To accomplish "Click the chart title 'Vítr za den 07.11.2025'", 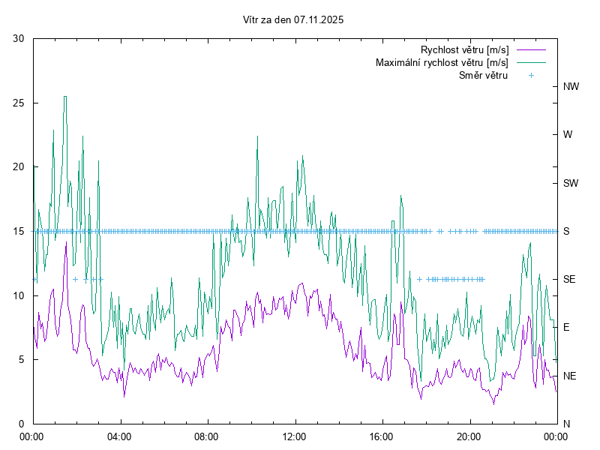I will (293, 20).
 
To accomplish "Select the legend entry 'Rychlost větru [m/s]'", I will (464, 50).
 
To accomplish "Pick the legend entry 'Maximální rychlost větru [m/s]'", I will (442, 63).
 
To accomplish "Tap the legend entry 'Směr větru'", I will (483, 76).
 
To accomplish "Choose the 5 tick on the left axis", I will (22, 359).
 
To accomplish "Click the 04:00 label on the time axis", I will (120, 436).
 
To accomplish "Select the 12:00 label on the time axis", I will (295, 436).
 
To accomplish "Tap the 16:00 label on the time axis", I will (382, 436).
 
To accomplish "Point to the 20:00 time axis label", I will (469, 436).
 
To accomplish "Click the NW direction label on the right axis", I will (571, 87).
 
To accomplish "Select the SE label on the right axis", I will (569, 279).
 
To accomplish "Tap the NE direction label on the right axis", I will (569, 376).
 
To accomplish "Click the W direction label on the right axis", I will (568, 135).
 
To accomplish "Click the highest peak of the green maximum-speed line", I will (65, 97).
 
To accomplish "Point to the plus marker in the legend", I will (531, 76).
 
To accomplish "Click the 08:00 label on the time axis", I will (207, 436).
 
